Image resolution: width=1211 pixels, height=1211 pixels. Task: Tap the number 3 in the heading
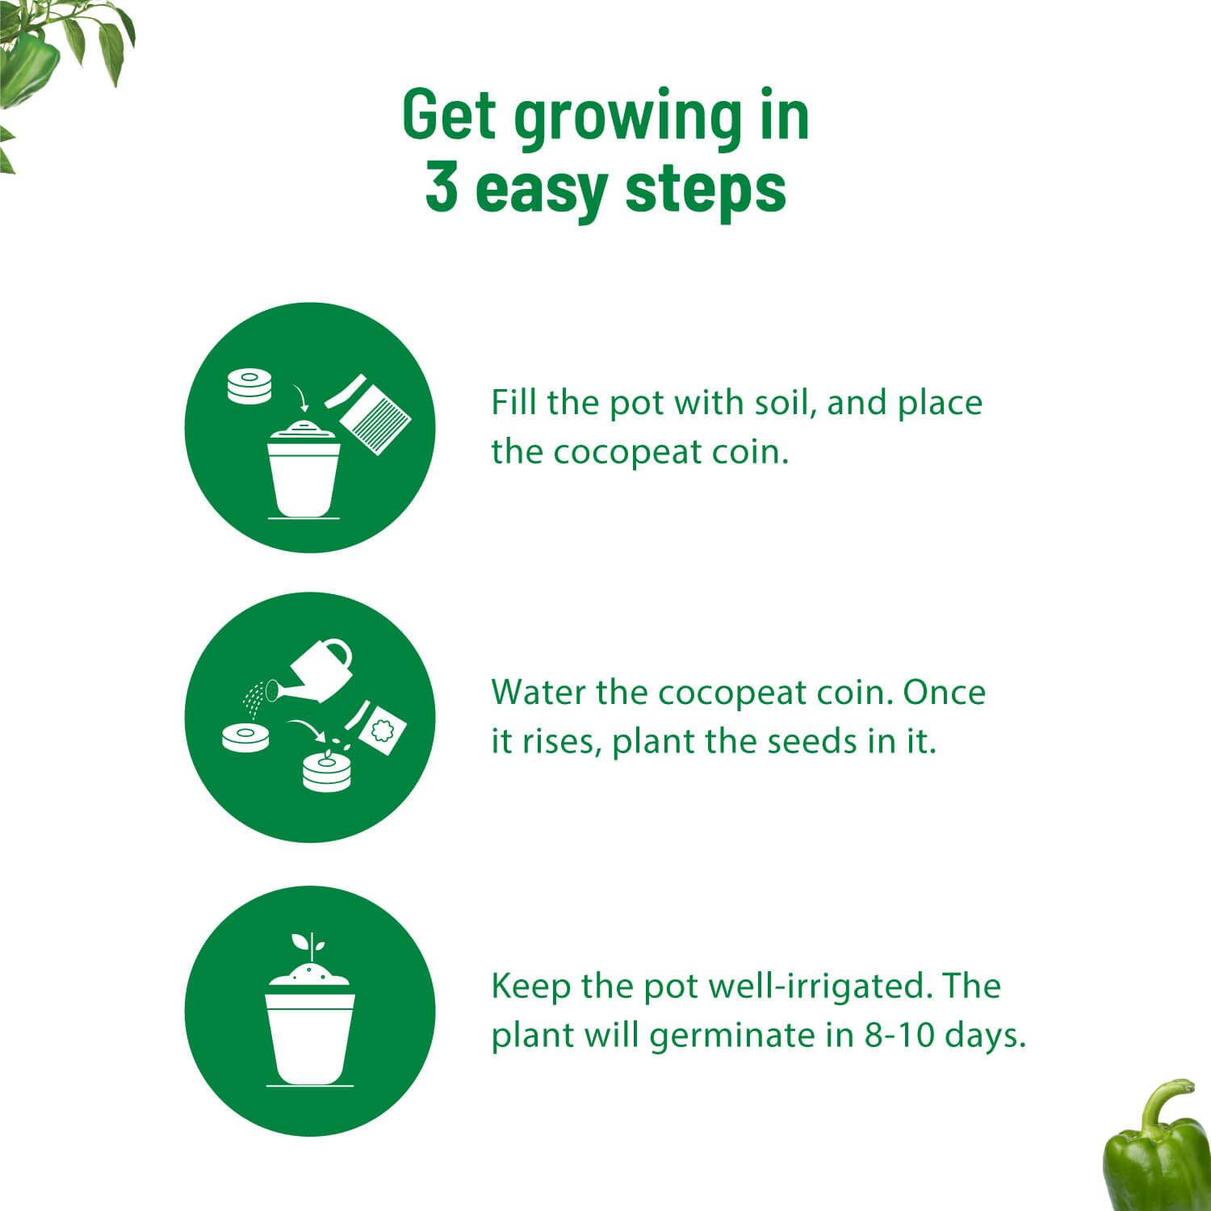[442, 187]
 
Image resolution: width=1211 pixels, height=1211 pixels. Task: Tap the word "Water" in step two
[538, 692]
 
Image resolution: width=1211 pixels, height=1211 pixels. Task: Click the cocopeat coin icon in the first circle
[249, 385]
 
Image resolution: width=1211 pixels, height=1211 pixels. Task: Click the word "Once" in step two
[944, 692]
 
